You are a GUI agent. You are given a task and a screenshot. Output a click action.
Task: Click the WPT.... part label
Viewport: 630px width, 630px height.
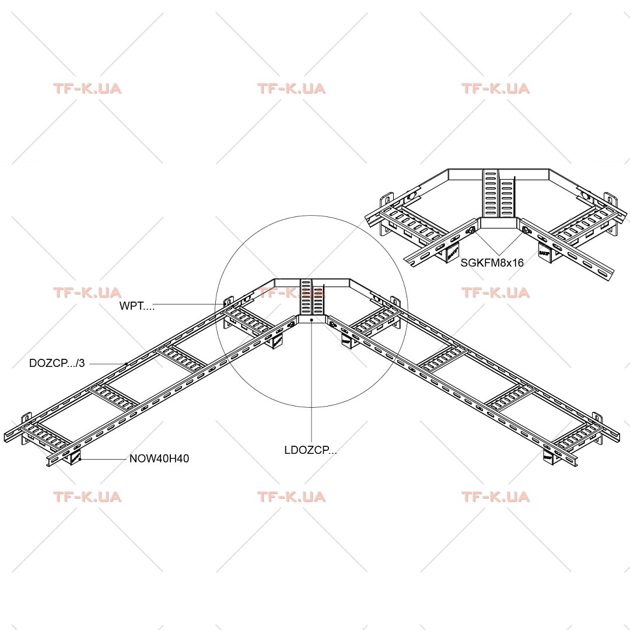coord(136,306)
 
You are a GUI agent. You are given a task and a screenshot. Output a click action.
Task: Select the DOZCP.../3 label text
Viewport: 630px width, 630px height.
coord(57,363)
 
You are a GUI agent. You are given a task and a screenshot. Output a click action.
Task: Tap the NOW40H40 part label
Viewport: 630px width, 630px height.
coord(159,459)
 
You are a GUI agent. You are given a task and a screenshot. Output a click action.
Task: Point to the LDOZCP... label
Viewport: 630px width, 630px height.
coord(310,450)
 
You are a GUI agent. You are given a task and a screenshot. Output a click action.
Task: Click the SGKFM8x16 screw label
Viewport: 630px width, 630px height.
coord(492,262)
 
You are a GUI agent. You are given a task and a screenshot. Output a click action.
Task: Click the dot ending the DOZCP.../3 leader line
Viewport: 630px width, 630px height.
coord(126,364)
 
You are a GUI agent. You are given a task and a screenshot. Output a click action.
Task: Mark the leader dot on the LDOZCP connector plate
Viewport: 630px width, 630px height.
coord(311,320)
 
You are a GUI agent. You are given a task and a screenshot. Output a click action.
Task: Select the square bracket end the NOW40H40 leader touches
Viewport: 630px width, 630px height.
coord(76,458)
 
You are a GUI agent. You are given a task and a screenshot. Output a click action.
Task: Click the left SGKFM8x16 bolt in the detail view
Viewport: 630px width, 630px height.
coord(471,231)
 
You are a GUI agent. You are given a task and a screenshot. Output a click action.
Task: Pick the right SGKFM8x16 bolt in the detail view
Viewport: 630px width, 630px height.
coord(526,230)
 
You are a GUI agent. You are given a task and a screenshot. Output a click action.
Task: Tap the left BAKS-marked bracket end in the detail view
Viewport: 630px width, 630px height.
coord(452,253)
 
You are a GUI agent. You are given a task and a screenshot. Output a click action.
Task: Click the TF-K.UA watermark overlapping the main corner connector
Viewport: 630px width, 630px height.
coord(291,292)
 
